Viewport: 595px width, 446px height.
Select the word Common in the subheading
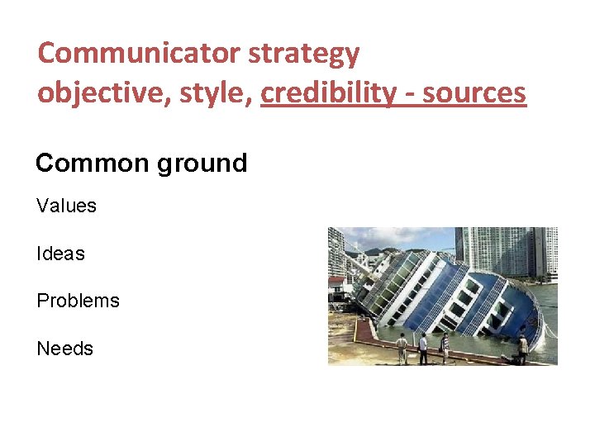click(x=91, y=163)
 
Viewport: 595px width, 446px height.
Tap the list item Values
click(x=66, y=206)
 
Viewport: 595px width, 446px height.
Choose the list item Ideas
click(x=60, y=254)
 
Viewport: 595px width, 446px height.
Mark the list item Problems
click(x=78, y=301)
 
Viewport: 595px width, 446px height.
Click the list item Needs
click(x=64, y=349)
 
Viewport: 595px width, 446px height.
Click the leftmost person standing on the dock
click(x=402, y=347)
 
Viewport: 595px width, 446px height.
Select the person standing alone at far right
click(x=522, y=348)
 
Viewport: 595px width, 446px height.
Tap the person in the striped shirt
click(x=444, y=347)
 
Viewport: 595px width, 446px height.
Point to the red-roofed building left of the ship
click(x=336, y=284)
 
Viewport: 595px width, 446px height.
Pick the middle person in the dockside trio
click(x=423, y=348)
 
